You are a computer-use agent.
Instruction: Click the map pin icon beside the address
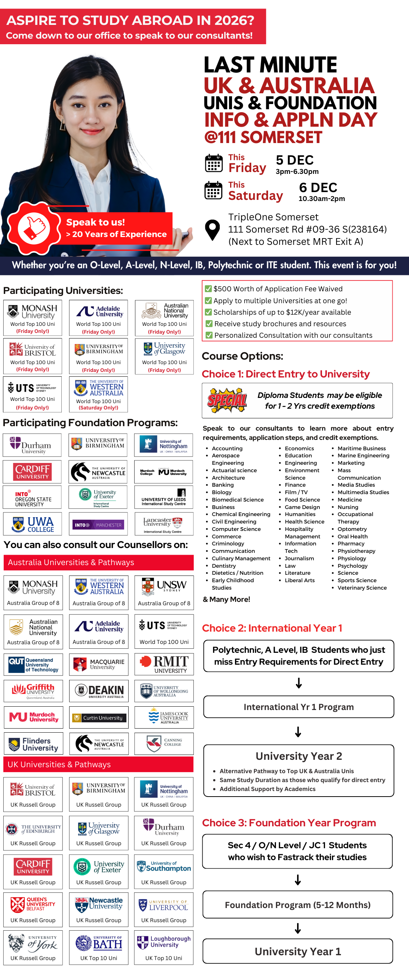(x=212, y=229)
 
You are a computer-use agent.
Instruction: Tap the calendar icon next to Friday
(x=213, y=163)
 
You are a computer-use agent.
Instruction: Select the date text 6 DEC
(x=318, y=188)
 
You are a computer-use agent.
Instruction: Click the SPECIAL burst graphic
(x=227, y=401)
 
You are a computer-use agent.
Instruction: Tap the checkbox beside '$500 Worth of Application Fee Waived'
(x=208, y=289)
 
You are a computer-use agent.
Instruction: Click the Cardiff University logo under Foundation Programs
(x=32, y=472)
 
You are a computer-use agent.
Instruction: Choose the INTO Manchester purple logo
(x=98, y=525)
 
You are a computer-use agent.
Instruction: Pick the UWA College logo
(x=33, y=524)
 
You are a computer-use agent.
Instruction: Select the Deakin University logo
(x=99, y=691)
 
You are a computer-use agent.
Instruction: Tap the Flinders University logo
(x=34, y=744)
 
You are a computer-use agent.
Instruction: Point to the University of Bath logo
(x=99, y=943)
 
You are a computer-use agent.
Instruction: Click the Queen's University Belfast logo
(x=33, y=904)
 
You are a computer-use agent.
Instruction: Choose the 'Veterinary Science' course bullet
(x=362, y=588)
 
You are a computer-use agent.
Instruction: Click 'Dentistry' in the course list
(x=223, y=565)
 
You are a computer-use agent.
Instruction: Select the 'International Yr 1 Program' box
(x=299, y=707)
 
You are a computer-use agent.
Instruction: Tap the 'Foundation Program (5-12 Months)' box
(x=297, y=905)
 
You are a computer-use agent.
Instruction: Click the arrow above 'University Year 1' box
(x=298, y=928)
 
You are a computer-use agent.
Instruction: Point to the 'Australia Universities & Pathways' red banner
(x=98, y=563)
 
